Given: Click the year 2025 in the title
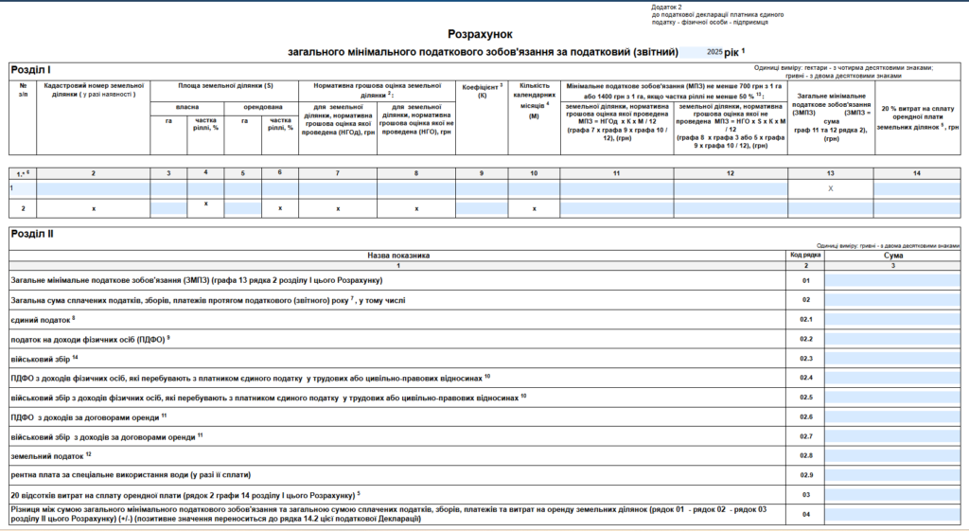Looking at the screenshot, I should pyautogui.click(x=714, y=51).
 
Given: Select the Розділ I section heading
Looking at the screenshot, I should pyautogui.click(x=31, y=70).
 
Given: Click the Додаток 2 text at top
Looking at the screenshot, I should pyautogui.click(x=666, y=7).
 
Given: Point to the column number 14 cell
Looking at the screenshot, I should pyautogui.click(x=916, y=172).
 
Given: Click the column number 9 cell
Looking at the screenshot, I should pyautogui.click(x=482, y=172).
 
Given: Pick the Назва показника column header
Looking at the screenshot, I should pyautogui.click(x=398, y=255).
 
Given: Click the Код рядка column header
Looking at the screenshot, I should pyautogui.click(x=805, y=255).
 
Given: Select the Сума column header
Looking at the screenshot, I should pyautogui.click(x=892, y=255).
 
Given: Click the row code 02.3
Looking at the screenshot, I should pyautogui.click(x=805, y=358).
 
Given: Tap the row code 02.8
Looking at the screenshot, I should pyautogui.click(x=805, y=456).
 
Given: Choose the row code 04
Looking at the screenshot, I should pyautogui.click(x=805, y=515).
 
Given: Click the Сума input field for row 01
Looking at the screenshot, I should pyautogui.click(x=892, y=280).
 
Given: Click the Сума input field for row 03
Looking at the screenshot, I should pyautogui.click(x=892, y=495).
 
